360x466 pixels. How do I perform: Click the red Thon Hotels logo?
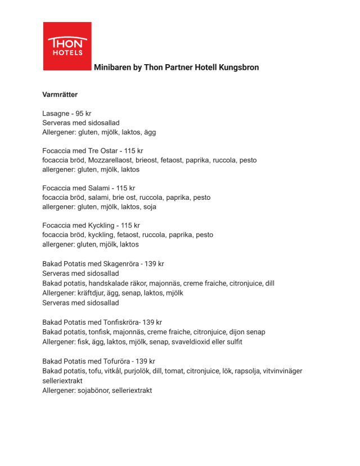coord(67,46)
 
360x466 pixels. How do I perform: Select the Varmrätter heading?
coord(60,95)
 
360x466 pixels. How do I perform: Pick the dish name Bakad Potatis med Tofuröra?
coord(87,361)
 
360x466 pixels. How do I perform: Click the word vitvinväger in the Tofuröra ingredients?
coord(283,370)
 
